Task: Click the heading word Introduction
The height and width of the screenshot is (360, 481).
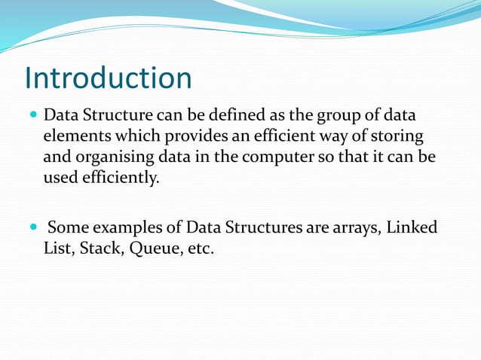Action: (x=108, y=78)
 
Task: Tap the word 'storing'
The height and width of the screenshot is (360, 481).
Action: (x=397, y=138)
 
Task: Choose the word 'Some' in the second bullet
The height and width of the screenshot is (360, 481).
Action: (x=68, y=227)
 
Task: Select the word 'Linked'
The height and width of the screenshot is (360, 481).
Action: (x=412, y=227)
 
